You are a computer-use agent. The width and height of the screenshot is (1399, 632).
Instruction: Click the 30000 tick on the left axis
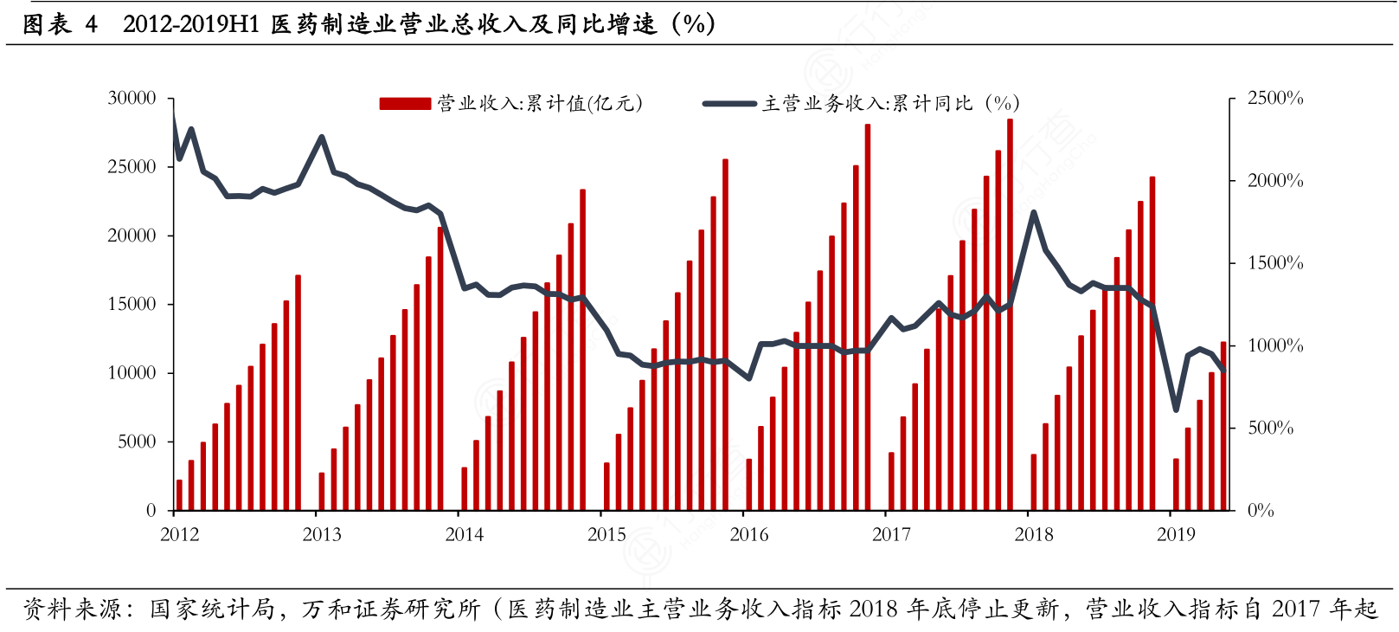(132, 99)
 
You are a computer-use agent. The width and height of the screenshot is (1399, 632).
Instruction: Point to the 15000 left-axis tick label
(132, 304)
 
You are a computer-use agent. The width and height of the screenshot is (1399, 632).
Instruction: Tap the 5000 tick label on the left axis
(137, 442)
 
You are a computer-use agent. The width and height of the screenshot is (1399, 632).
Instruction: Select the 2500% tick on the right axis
(1274, 99)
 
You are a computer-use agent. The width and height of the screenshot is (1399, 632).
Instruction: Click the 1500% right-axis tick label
(1274, 263)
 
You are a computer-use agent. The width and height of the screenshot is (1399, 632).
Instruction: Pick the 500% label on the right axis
(1270, 428)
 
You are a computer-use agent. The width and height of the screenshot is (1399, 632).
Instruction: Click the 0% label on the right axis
(1261, 511)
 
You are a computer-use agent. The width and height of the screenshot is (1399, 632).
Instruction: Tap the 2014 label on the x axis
(465, 535)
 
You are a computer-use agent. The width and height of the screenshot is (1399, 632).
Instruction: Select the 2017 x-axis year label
(891, 535)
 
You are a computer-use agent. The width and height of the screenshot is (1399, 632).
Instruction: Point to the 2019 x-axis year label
(1176, 535)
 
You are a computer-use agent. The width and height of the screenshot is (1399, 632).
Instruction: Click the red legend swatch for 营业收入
(405, 104)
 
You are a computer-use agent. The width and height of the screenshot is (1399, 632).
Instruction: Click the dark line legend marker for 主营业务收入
(729, 104)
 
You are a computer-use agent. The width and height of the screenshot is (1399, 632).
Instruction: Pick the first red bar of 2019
(1176, 484)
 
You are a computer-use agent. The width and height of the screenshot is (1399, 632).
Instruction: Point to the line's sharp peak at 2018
(1033, 213)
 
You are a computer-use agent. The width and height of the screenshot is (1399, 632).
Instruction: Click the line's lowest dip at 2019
(1176, 410)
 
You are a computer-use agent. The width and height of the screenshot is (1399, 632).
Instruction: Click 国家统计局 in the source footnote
(211, 609)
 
